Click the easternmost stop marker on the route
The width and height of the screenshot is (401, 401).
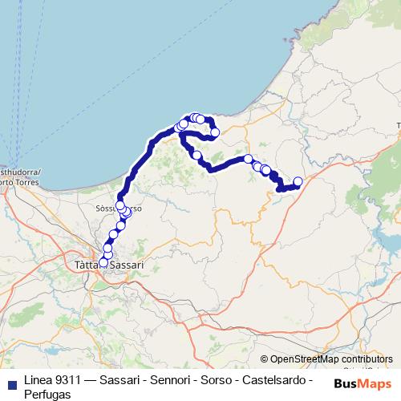point(298,181)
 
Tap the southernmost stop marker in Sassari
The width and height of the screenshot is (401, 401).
point(103,262)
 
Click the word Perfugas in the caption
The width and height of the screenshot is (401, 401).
point(47,395)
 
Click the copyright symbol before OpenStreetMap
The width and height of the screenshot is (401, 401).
point(265,359)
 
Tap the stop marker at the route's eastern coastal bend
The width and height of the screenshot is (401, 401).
point(214,132)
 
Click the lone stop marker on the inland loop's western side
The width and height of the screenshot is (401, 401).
point(196,155)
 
